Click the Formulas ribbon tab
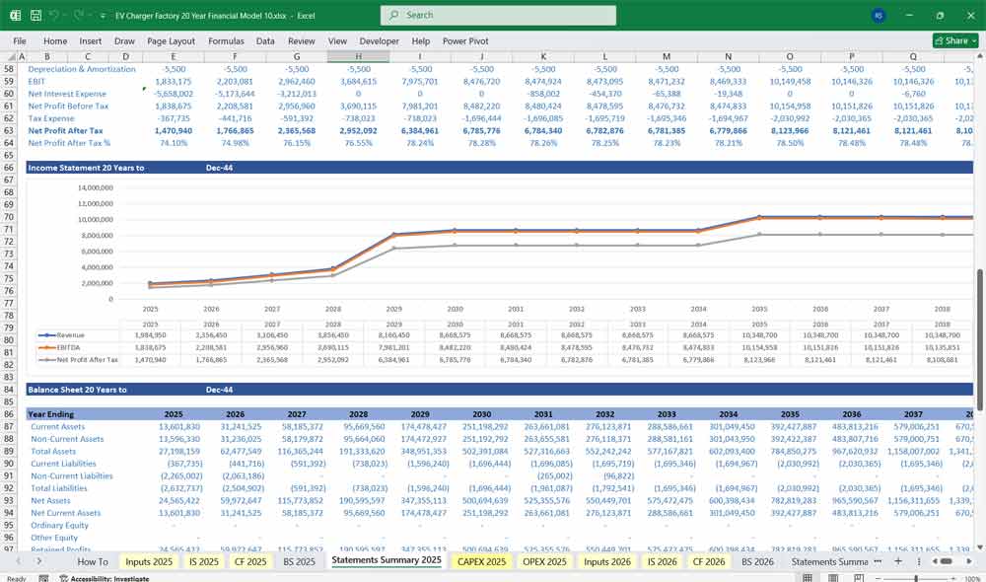pyautogui.click(x=226, y=41)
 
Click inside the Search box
pyautogui.click(x=498, y=15)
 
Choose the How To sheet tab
pyautogui.click(x=93, y=561)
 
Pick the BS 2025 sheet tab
pyautogui.click(x=300, y=561)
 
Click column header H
pyautogui.click(x=359, y=56)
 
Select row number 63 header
pyautogui.click(x=9, y=130)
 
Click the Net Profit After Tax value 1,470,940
pyautogui.click(x=173, y=130)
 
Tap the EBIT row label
pyautogui.click(x=38, y=81)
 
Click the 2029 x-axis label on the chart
pyautogui.click(x=393, y=308)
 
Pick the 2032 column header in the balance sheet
pyautogui.click(x=604, y=415)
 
